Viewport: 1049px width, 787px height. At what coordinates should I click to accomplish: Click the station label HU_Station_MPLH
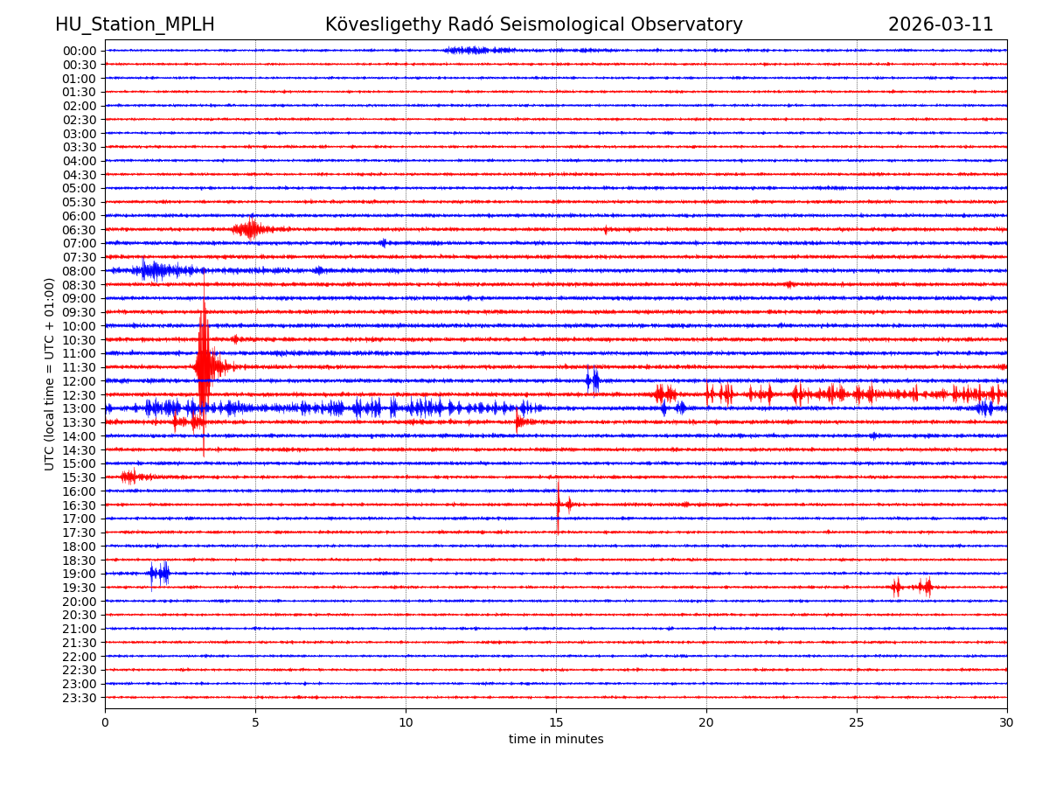pos(135,24)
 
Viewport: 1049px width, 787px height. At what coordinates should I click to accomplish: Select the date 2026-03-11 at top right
pos(941,24)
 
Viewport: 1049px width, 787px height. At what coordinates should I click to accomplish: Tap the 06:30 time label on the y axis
pos(79,230)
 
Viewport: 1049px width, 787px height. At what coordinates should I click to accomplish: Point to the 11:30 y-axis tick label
pos(79,367)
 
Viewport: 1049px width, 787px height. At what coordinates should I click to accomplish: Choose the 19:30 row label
pos(79,588)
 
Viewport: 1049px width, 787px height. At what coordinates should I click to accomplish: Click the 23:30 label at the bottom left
pos(79,698)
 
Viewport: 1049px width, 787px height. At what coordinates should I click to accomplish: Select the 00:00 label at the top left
pos(79,51)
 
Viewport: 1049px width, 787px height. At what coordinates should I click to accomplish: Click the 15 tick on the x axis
pos(556,723)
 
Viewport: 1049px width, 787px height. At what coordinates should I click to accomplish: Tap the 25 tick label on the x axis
pos(857,723)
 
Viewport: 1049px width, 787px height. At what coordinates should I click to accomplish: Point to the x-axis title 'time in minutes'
pos(556,740)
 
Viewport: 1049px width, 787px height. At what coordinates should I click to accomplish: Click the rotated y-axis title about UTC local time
pos(50,373)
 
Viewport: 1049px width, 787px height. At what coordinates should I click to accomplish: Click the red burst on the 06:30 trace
pos(250,229)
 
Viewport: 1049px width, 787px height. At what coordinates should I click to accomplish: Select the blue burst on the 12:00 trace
pos(593,380)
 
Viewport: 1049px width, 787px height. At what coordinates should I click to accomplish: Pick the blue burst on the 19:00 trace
pos(159,573)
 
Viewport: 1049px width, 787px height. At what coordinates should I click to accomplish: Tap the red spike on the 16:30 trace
pos(559,504)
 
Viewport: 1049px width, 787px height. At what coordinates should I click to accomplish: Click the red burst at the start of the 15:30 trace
pos(131,477)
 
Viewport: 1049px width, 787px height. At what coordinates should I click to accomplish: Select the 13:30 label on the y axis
pos(79,422)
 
